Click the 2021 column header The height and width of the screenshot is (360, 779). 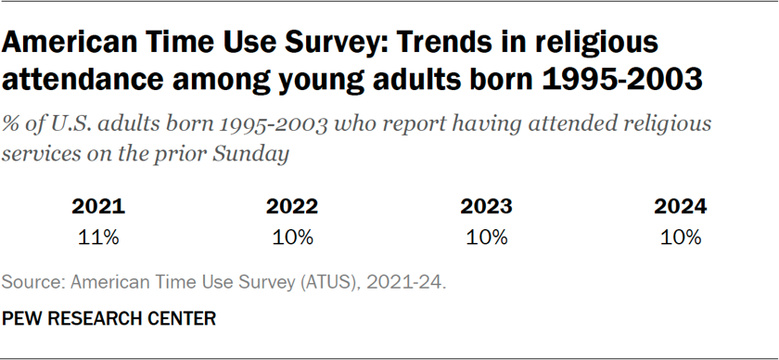(97, 207)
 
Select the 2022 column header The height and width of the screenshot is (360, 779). (292, 207)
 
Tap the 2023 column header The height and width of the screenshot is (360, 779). (487, 207)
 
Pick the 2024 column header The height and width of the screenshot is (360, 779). (681, 207)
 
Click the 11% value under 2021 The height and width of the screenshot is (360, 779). (97, 237)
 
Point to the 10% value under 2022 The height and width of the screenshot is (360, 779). (292, 237)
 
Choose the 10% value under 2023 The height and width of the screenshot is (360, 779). (487, 237)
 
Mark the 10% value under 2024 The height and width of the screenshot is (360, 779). (681, 237)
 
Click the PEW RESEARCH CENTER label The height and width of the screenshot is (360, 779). (109, 318)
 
